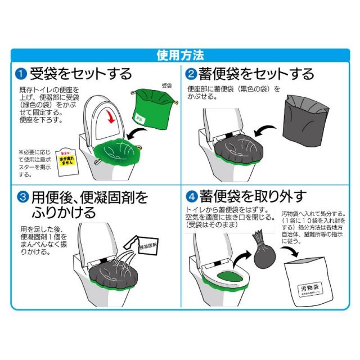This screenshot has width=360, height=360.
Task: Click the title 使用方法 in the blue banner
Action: click(180, 55)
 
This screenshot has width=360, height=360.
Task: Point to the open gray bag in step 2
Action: click(307, 121)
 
